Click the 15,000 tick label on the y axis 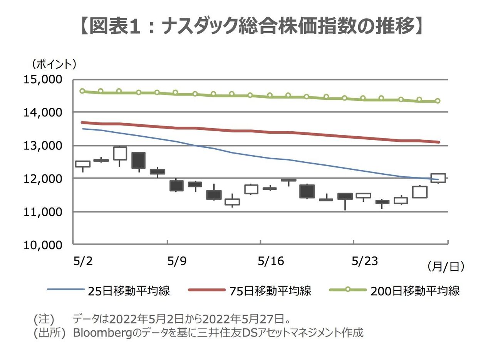pos(43,80)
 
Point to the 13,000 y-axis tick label pos(43,146)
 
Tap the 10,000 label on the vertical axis pos(43,245)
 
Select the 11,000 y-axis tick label pos(43,212)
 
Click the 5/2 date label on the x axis pos(83,261)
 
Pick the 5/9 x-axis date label pos(177,261)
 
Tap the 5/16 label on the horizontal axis pos(271,261)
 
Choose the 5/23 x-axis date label pos(365,261)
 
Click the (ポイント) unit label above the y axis pos(54,64)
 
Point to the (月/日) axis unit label pos(446,266)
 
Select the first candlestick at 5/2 pos(82,164)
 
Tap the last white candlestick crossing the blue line pos(438,178)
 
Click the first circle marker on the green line pos(82,91)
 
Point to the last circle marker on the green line pos(438,101)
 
